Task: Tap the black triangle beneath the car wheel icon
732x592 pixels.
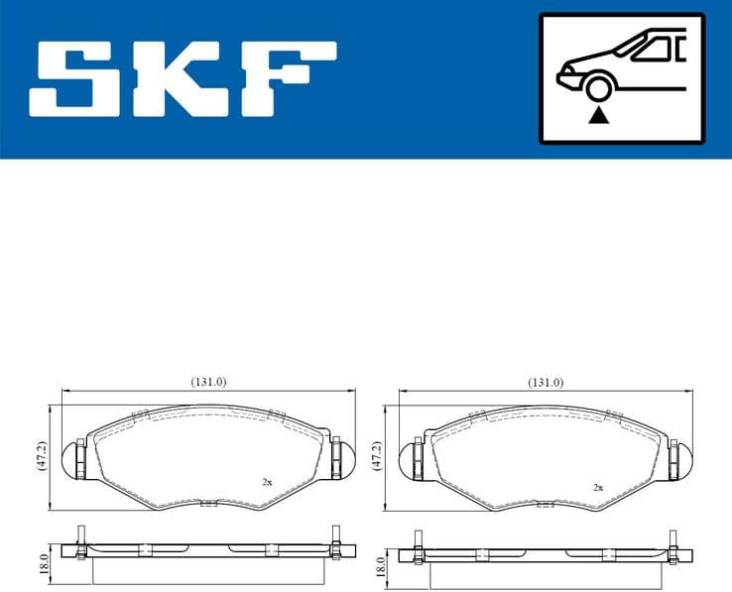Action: pos(597,117)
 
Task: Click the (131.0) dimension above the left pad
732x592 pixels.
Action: pos(209,382)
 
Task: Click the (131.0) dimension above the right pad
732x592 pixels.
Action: pos(545,382)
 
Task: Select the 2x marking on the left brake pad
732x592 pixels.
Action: pos(267,482)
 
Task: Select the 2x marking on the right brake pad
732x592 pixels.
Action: pos(597,488)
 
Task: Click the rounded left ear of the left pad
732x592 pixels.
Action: pos(72,459)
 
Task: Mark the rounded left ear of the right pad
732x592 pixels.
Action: pos(408,459)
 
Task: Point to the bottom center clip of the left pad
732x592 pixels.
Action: pos(208,504)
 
